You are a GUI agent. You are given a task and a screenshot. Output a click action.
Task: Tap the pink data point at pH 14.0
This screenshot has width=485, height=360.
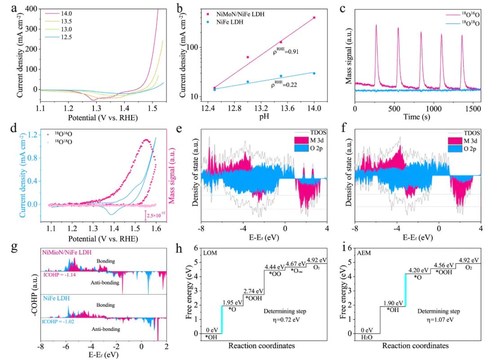pyautogui.click(x=314, y=18)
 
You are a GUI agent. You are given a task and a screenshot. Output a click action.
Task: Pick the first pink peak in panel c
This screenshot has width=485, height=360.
pyautogui.click(x=376, y=26)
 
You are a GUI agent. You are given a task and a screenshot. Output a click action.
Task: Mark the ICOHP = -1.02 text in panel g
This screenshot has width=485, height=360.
pyautogui.click(x=61, y=321)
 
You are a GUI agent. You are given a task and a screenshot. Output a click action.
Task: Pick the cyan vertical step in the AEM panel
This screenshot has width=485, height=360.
pyautogui.click(x=406, y=290)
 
